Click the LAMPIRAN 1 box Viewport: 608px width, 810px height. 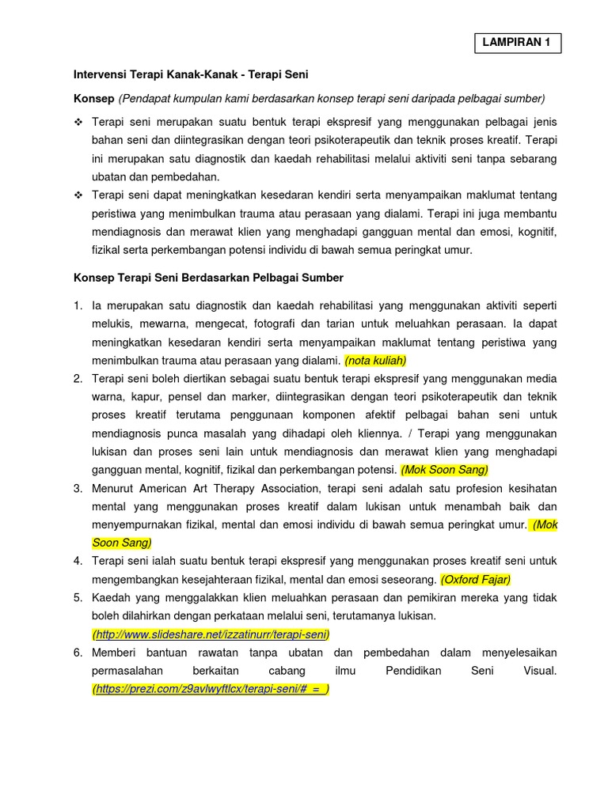pyautogui.click(x=518, y=44)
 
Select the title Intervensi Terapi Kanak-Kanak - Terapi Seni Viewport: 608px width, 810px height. pyautogui.click(x=191, y=74)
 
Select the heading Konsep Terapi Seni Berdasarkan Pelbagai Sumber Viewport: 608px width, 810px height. pyautogui.click(x=209, y=278)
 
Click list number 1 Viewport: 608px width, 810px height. pyautogui.click(x=78, y=305)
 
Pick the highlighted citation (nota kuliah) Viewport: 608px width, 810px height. pyautogui.click(x=375, y=361)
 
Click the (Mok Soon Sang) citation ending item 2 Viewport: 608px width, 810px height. pyautogui.click(x=444, y=470)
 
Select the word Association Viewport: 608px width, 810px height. pyautogui.click(x=289, y=488)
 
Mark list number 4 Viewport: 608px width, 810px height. pyautogui.click(x=78, y=561)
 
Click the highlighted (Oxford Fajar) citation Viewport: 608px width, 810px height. pyautogui.click(x=476, y=579)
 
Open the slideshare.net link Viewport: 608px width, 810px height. pyautogui.click(x=211, y=634)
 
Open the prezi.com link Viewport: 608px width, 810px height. pyautogui.click(x=211, y=689)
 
